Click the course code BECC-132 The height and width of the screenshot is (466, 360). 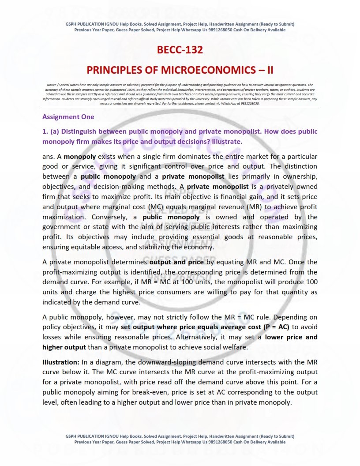pyautogui.click(x=180, y=50)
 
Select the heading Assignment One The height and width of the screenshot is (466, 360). pyautogui.click(x=68, y=117)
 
